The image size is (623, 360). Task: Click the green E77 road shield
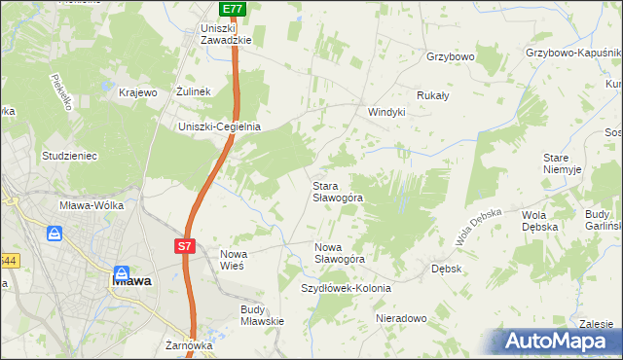tap(232, 9)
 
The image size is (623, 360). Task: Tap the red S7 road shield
tap(186, 247)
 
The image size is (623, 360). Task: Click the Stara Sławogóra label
tap(338, 191)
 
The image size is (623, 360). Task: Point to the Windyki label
tap(385, 112)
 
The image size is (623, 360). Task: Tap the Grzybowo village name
tap(450, 57)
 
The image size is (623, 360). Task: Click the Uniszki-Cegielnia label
tap(219, 126)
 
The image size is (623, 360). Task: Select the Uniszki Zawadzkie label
tap(226, 34)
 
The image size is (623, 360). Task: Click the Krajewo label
tap(137, 92)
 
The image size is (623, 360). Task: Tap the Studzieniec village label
tap(67, 155)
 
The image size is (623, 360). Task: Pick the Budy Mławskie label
tap(262, 315)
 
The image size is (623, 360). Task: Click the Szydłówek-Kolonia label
tap(346, 288)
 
